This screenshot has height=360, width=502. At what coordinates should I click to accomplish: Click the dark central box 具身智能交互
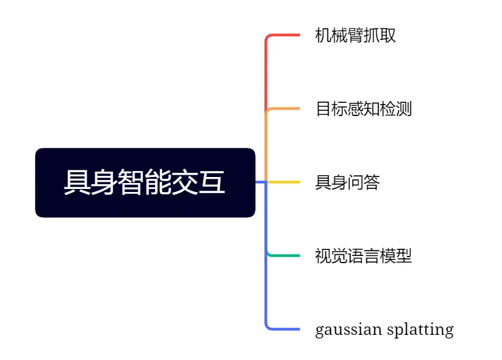[x=145, y=182]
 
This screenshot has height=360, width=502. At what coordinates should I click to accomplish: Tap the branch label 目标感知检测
[x=364, y=109]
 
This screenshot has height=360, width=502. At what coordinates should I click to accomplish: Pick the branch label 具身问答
[x=348, y=182]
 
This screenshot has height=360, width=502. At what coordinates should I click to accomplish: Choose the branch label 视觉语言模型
[x=364, y=257]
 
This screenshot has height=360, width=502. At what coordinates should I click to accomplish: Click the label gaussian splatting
[x=384, y=330]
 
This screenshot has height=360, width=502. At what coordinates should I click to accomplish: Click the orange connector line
[x=284, y=109]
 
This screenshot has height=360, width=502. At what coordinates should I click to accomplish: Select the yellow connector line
[x=284, y=182]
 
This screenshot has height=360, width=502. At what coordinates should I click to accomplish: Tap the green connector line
[x=284, y=255]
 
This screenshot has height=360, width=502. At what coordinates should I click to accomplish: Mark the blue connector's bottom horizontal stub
[x=284, y=329]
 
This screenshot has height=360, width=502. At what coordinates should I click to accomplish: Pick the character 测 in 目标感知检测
[x=404, y=109]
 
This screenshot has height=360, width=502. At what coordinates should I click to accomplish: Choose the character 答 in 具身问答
[x=372, y=182]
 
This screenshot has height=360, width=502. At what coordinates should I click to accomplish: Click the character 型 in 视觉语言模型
[x=404, y=257]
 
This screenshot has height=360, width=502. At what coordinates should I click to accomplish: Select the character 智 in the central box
[x=131, y=182]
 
